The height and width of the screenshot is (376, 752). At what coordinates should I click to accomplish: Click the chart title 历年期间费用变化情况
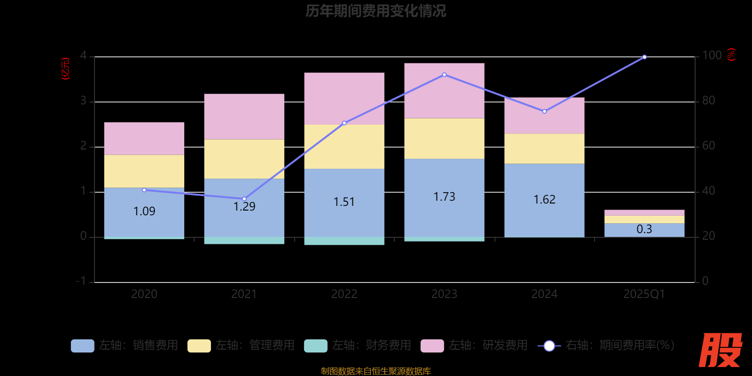[376, 11]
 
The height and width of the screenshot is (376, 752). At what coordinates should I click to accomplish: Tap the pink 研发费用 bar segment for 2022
[344, 98]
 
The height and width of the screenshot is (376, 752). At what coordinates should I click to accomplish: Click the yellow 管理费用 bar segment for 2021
[244, 159]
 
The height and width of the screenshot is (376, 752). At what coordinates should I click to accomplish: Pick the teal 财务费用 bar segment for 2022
[344, 241]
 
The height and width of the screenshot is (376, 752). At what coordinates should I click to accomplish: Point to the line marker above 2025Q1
[644, 57]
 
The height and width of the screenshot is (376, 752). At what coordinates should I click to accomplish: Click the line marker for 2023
[444, 75]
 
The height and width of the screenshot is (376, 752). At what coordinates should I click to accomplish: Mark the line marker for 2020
[144, 190]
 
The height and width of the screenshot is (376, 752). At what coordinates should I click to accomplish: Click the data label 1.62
[544, 200]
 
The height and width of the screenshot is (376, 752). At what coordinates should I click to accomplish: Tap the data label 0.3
[644, 229]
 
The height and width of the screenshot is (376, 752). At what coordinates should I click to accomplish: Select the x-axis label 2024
[544, 294]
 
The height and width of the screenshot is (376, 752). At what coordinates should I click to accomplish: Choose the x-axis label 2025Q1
[644, 294]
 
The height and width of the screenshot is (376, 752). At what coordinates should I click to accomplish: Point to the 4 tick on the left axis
[83, 56]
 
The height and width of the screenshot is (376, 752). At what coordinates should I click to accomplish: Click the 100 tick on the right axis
[712, 55]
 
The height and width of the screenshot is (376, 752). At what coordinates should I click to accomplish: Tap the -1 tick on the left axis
[81, 281]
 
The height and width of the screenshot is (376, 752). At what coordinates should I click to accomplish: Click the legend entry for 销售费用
[125, 345]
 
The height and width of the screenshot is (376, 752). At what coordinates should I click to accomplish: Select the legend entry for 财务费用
[358, 345]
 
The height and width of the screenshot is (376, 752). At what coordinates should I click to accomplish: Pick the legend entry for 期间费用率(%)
[606, 345]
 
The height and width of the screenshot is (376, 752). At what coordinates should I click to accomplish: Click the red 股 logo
[720, 350]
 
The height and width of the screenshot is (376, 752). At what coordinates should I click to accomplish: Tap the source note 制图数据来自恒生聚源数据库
[376, 371]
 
